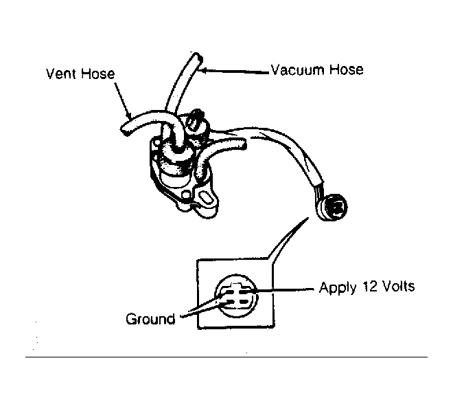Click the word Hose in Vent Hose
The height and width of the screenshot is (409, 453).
pos(98,74)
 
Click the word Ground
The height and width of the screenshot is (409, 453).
pos(150,319)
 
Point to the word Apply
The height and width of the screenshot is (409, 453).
pos(337,288)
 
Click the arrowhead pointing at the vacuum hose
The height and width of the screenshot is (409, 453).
pos(203,70)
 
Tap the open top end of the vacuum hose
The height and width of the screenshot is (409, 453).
pos(196,56)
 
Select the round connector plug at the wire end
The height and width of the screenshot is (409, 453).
pos(332,207)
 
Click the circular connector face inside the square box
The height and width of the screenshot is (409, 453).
pos(235,296)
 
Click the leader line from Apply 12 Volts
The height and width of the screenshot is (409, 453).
pos(285,289)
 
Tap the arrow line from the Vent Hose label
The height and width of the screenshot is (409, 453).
pos(122,100)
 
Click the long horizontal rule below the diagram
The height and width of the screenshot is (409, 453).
pos(226,357)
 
